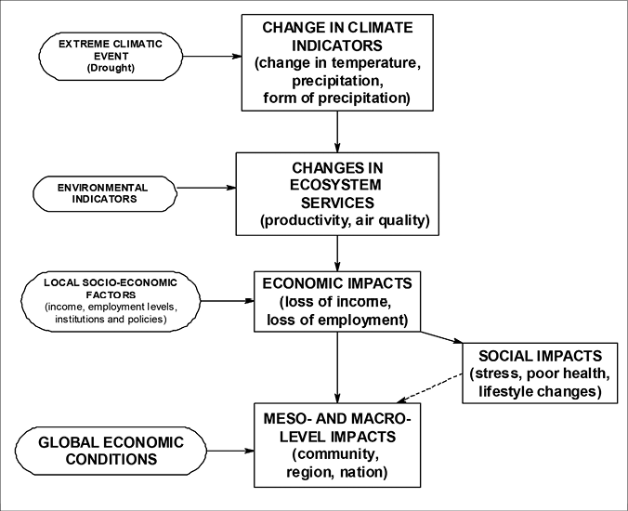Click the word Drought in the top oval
(x=111, y=68)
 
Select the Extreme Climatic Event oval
(x=111, y=57)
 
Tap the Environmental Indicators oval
(x=105, y=194)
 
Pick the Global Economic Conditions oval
(x=111, y=451)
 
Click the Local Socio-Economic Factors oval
(x=111, y=301)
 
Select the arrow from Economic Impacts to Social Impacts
(x=441, y=337)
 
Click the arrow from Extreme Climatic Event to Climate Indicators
(x=212, y=57)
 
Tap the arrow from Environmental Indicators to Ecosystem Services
(x=206, y=188)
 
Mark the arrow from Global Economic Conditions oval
(x=230, y=451)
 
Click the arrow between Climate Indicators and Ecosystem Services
(x=337, y=132)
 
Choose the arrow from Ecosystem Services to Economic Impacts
(x=337, y=253)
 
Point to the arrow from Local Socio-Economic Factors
(x=228, y=301)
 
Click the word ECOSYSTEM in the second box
(x=335, y=185)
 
